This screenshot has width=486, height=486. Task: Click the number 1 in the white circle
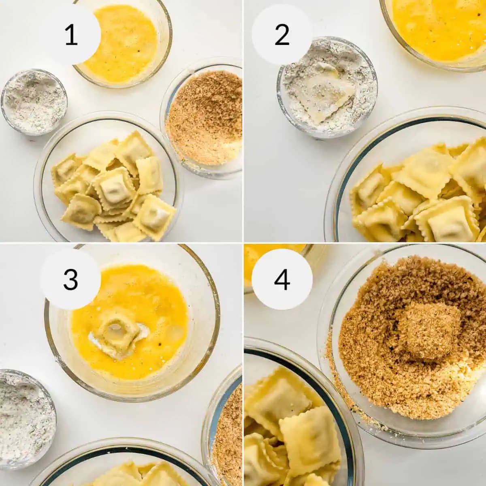click(x=71, y=35)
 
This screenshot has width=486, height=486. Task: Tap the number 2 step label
click(x=282, y=35)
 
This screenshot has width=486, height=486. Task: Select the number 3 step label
click(x=70, y=279)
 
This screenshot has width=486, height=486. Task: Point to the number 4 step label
click(x=282, y=279)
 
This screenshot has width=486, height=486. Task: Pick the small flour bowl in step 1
click(x=34, y=102)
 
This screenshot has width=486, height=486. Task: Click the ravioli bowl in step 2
click(x=409, y=181)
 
